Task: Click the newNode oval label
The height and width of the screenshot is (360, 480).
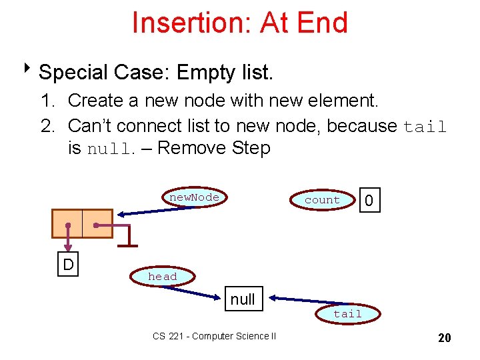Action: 193,198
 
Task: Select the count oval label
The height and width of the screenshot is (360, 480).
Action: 322,200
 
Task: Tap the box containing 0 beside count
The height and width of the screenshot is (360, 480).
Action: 369,200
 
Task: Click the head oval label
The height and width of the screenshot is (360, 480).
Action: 163,277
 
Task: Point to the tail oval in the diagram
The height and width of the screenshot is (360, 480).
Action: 347,313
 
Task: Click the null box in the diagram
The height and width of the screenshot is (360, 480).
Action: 243,299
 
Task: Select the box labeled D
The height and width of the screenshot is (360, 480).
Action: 68,265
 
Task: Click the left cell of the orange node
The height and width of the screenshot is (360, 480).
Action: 67,223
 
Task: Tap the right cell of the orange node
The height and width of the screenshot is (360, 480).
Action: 97,223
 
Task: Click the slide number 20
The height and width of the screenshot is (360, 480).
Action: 444,338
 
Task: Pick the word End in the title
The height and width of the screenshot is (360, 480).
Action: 323,23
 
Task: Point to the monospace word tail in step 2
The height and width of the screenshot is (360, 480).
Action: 425,126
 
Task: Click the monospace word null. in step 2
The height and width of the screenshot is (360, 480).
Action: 111,149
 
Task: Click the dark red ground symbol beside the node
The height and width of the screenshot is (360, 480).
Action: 127,237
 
